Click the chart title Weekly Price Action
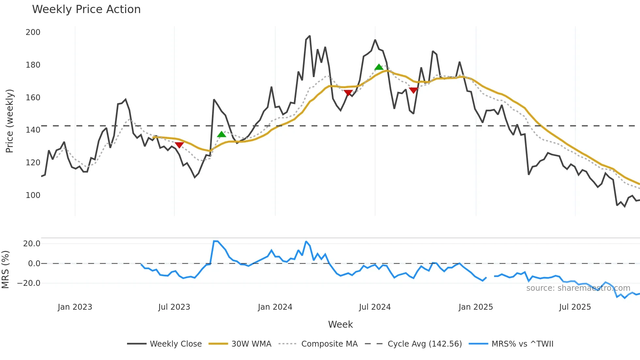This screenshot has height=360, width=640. pyautogui.click(x=86, y=9)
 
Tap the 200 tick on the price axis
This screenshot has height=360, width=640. pyautogui.click(x=33, y=32)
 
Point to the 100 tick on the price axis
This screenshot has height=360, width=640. pyautogui.click(x=33, y=195)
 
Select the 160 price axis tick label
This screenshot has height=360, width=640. pyautogui.click(x=33, y=98)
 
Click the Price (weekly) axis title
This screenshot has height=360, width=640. pyautogui.click(x=9, y=121)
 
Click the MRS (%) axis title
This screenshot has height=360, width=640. pyautogui.click(x=5, y=270)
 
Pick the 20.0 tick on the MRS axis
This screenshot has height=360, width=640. pyautogui.click(x=32, y=244)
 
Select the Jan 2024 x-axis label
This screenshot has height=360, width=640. pyautogui.click(x=275, y=307)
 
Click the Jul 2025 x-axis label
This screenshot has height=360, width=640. pyautogui.click(x=575, y=307)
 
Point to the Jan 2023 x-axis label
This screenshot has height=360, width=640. pyautogui.click(x=75, y=307)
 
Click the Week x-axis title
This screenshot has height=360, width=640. pyautogui.click(x=340, y=324)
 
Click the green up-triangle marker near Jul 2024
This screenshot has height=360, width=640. pyautogui.click(x=379, y=67)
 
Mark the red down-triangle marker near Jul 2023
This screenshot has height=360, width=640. pyautogui.click(x=179, y=145)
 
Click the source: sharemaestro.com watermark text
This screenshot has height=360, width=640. pyautogui.click(x=578, y=288)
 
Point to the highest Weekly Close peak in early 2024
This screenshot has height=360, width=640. pyautogui.click(x=310, y=36)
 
